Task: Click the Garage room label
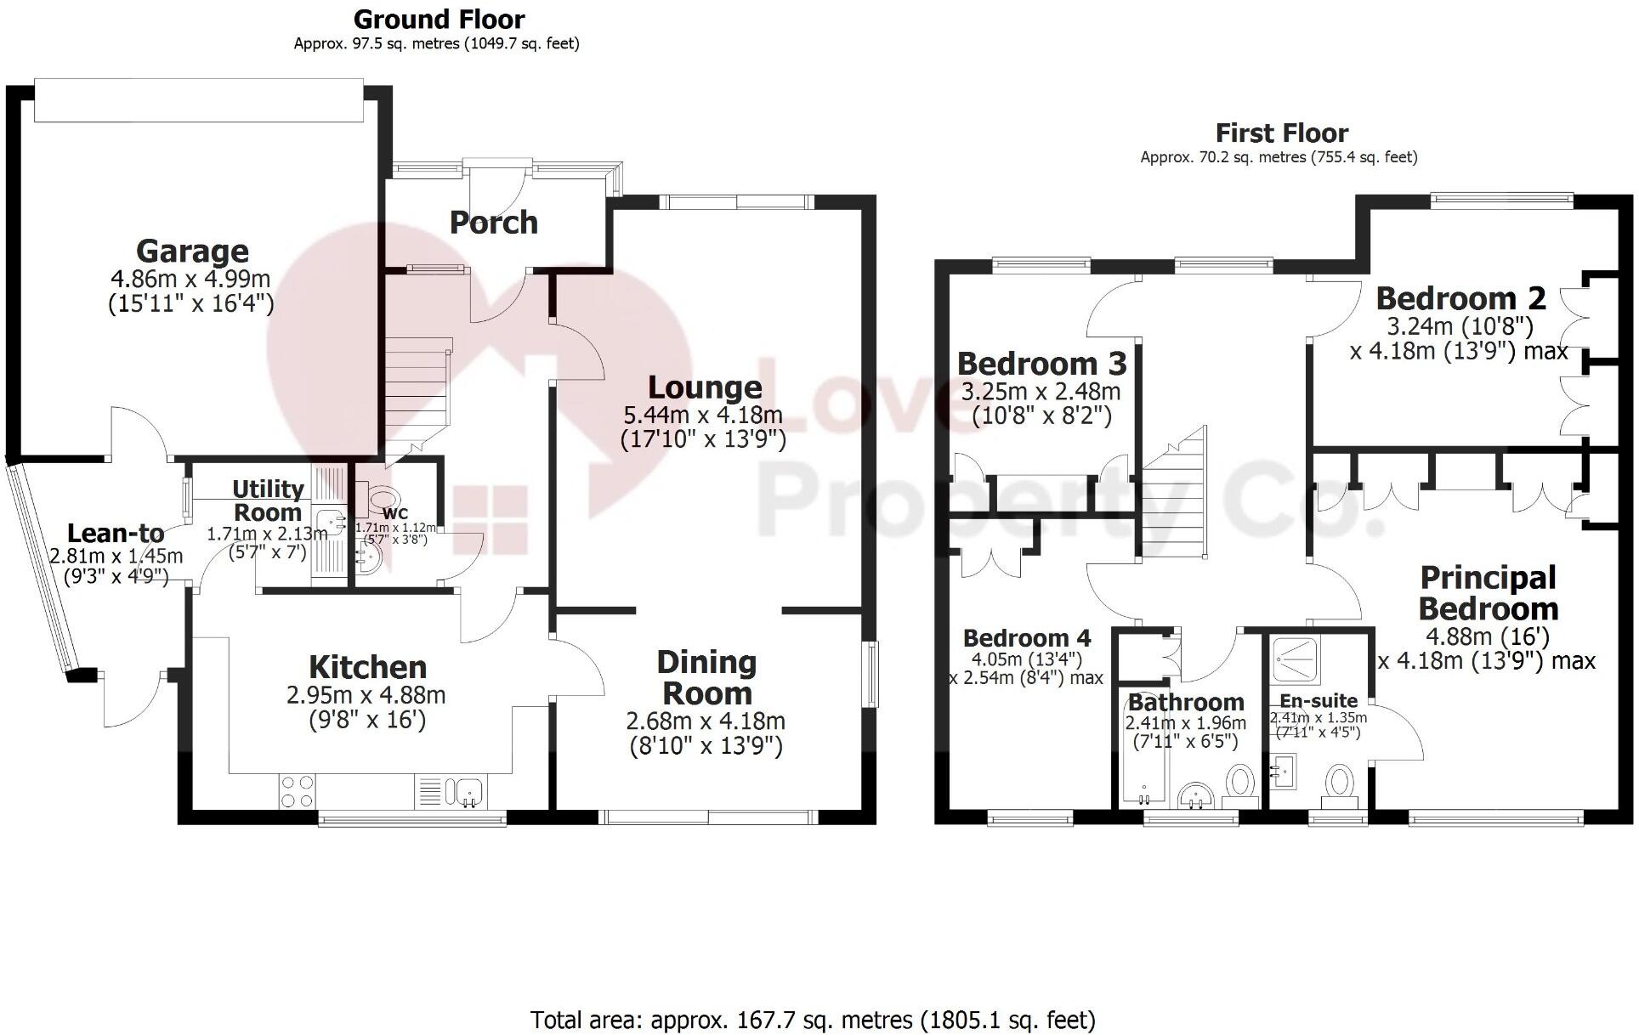[192, 252]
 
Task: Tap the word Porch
[493, 223]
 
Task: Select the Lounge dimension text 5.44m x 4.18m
[704, 416]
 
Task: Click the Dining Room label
[706, 677]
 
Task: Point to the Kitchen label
[367, 667]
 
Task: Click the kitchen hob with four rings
[297, 791]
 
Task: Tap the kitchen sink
[468, 791]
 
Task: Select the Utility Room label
[268, 501]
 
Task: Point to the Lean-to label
[116, 534]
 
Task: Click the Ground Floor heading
[439, 19]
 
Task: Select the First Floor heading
[1281, 133]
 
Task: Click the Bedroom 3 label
[1041, 364]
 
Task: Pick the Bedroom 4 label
[1027, 638]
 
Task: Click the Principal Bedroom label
[1488, 593]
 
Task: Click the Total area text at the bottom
[813, 1019]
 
